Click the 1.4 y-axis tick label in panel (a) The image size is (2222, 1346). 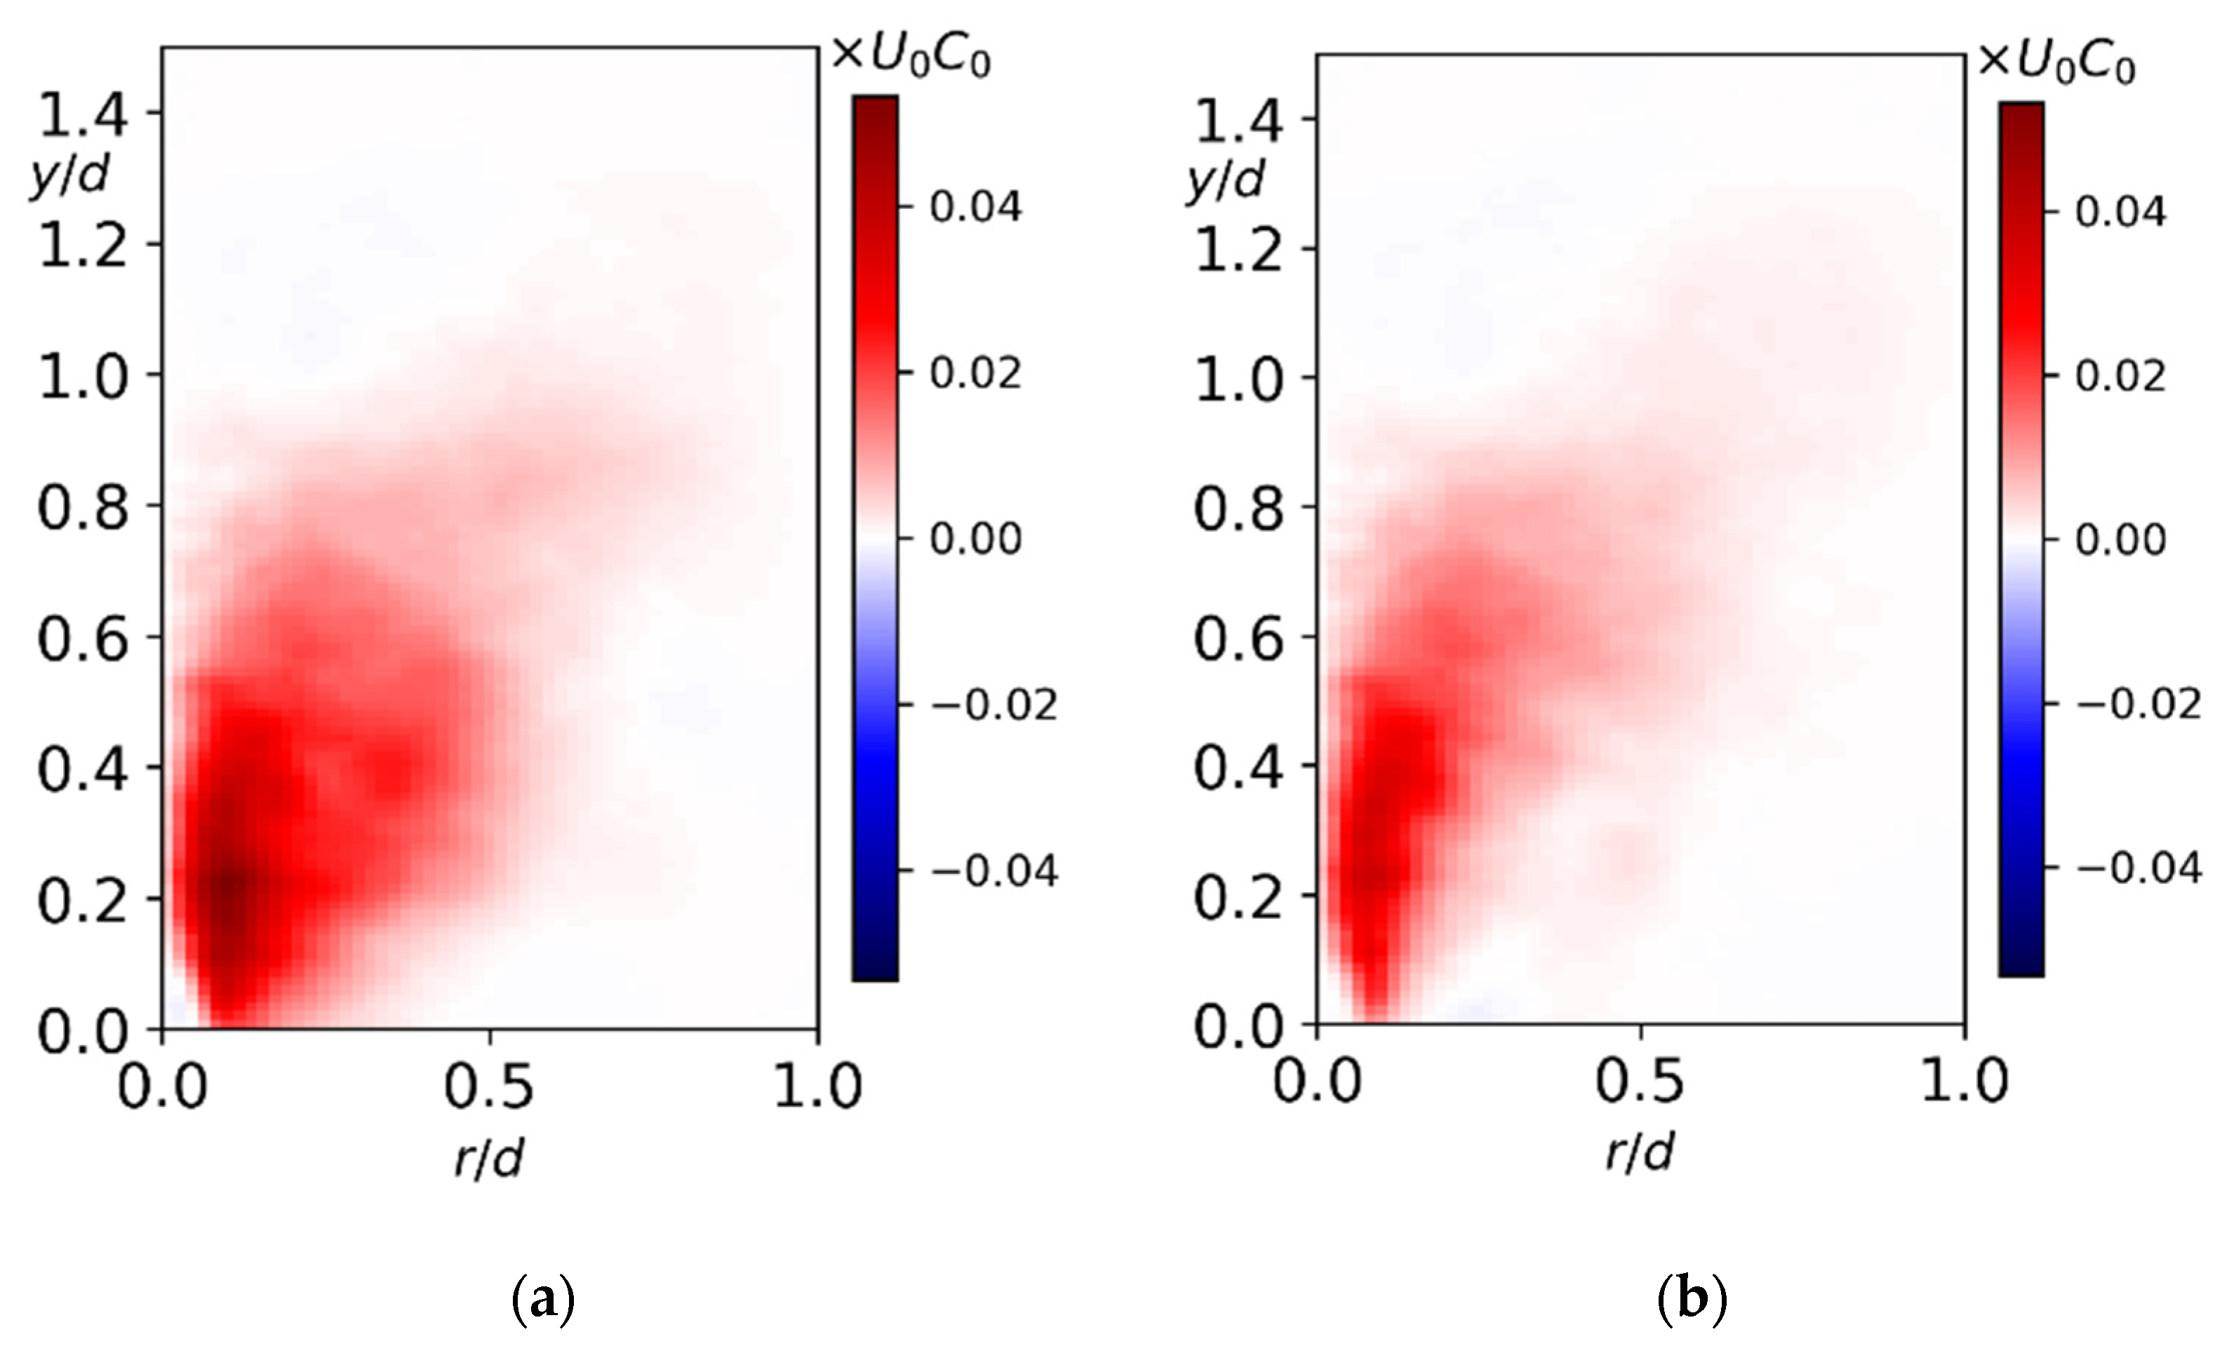click(x=82, y=114)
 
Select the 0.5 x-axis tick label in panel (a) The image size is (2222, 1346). click(x=489, y=1086)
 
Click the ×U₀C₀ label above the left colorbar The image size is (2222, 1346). click(x=911, y=57)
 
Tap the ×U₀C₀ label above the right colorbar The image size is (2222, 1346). click(x=2056, y=62)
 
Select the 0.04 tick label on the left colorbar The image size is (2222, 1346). click(x=976, y=208)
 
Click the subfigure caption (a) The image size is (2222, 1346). click(x=543, y=1299)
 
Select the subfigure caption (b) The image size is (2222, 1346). click(x=1692, y=1299)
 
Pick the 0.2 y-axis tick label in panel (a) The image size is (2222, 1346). click(x=82, y=901)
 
